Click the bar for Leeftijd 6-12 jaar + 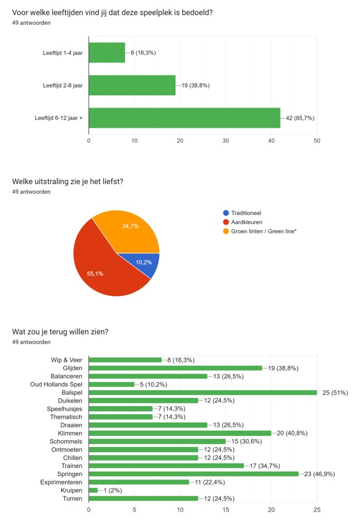[x=184, y=118]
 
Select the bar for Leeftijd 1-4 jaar [x=107, y=53]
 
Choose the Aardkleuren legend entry [x=246, y=222]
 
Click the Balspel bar [x=202, y=392]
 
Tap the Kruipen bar [x=94, y=490]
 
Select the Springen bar [x=193, y=474]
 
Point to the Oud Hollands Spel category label [x=56, y=384]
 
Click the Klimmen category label [x=70, y=433]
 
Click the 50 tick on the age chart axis [x=316, y=140]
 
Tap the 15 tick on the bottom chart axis [x=226, y=510]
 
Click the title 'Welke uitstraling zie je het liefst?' [x=67, y=181]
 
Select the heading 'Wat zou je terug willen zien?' [x=60, y=332]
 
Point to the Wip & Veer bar [x=125, y=360]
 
